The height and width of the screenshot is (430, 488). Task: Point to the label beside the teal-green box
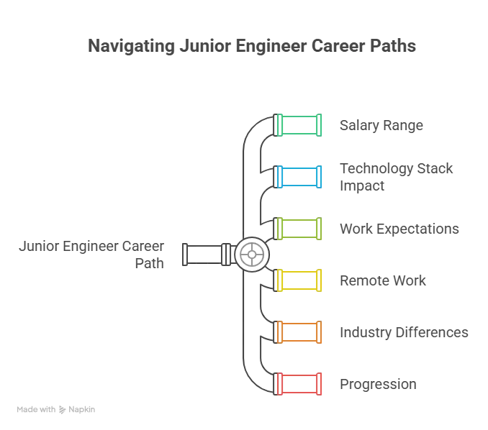[383, 126]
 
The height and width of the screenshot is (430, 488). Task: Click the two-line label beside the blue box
[397, 177]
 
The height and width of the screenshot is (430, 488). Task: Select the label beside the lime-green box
[399, 229]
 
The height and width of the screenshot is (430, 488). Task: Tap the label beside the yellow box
[383, 280]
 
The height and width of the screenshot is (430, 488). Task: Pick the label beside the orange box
[405, 332]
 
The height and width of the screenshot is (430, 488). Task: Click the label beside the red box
[379, 384]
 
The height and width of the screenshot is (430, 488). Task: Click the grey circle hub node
[250, 254]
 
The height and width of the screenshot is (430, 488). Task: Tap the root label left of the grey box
[94, 254]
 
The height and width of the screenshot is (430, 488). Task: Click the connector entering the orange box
[266, 332]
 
